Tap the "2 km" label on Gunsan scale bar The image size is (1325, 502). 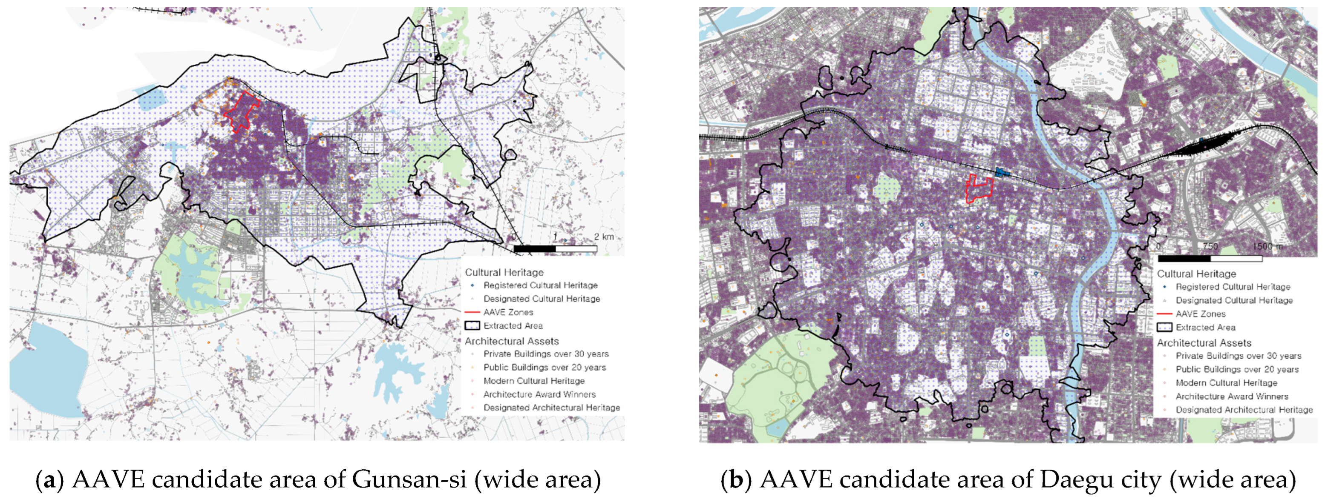pyautogui.click(x=604, y=237)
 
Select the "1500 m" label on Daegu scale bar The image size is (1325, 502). pyautogui.click(x=1267, y=246)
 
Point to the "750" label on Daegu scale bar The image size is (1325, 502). pyautogui.click(x=1210, y=246)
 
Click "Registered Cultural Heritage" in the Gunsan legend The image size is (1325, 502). pyautogui.click(x=540, y=285)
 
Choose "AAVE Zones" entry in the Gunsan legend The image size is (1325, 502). pyautogui.click(x=508, y=312)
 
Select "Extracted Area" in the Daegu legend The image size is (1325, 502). pyautogui.click(x=1205, y=327)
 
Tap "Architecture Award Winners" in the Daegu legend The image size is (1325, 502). pyautogui.click(x=1231, y=396)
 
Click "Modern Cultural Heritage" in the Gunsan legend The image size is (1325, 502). pyautogui.click(x=533, y=381)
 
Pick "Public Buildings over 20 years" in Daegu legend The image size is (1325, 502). pyautogui.click(x=1236, y=369)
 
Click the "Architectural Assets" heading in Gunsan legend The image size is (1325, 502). pyautogui.click(x=511, y=341)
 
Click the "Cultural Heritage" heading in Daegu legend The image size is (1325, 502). pyautogui.click(x=1196, y=274)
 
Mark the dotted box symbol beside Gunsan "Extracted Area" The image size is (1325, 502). pyautogui.click(x=472, y=325)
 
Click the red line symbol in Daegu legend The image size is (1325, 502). pyautogui.click(x=1164, y=314)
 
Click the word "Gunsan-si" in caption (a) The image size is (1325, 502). pyautogui.click(x=409, y=480)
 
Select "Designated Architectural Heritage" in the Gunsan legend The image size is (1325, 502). pyautogui.click(x=551, y=408)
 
